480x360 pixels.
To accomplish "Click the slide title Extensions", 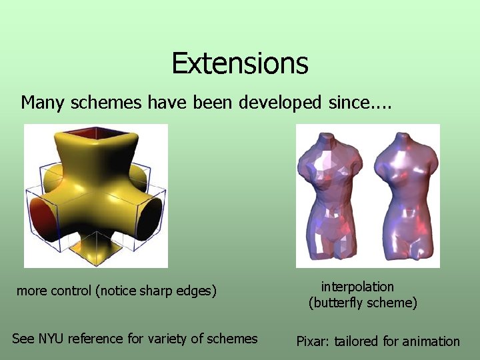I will point(239,63).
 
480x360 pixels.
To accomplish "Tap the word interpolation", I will point(357,287).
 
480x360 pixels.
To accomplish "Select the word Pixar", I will point(312,341).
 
